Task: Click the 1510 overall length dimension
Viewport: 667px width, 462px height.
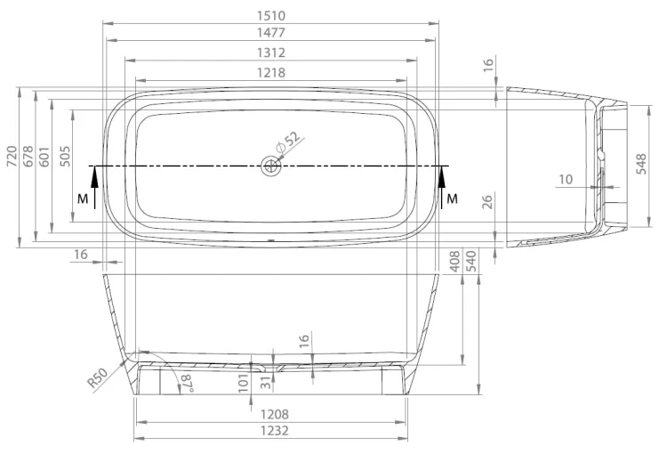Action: point(271,16)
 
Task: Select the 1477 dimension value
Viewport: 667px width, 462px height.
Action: point(271,32)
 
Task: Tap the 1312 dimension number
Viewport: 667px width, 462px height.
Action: point(271,53)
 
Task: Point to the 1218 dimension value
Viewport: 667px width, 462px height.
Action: point(271,72)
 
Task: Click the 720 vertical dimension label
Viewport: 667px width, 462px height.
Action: point(12,156)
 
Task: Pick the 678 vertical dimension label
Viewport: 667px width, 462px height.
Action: point(28,156)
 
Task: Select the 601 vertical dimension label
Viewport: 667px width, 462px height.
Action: point(44,156)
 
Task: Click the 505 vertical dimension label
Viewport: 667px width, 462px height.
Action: point(65,156)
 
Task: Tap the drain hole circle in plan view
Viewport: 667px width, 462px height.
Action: point(269,166)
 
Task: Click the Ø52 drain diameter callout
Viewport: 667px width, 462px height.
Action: point(287,142)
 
